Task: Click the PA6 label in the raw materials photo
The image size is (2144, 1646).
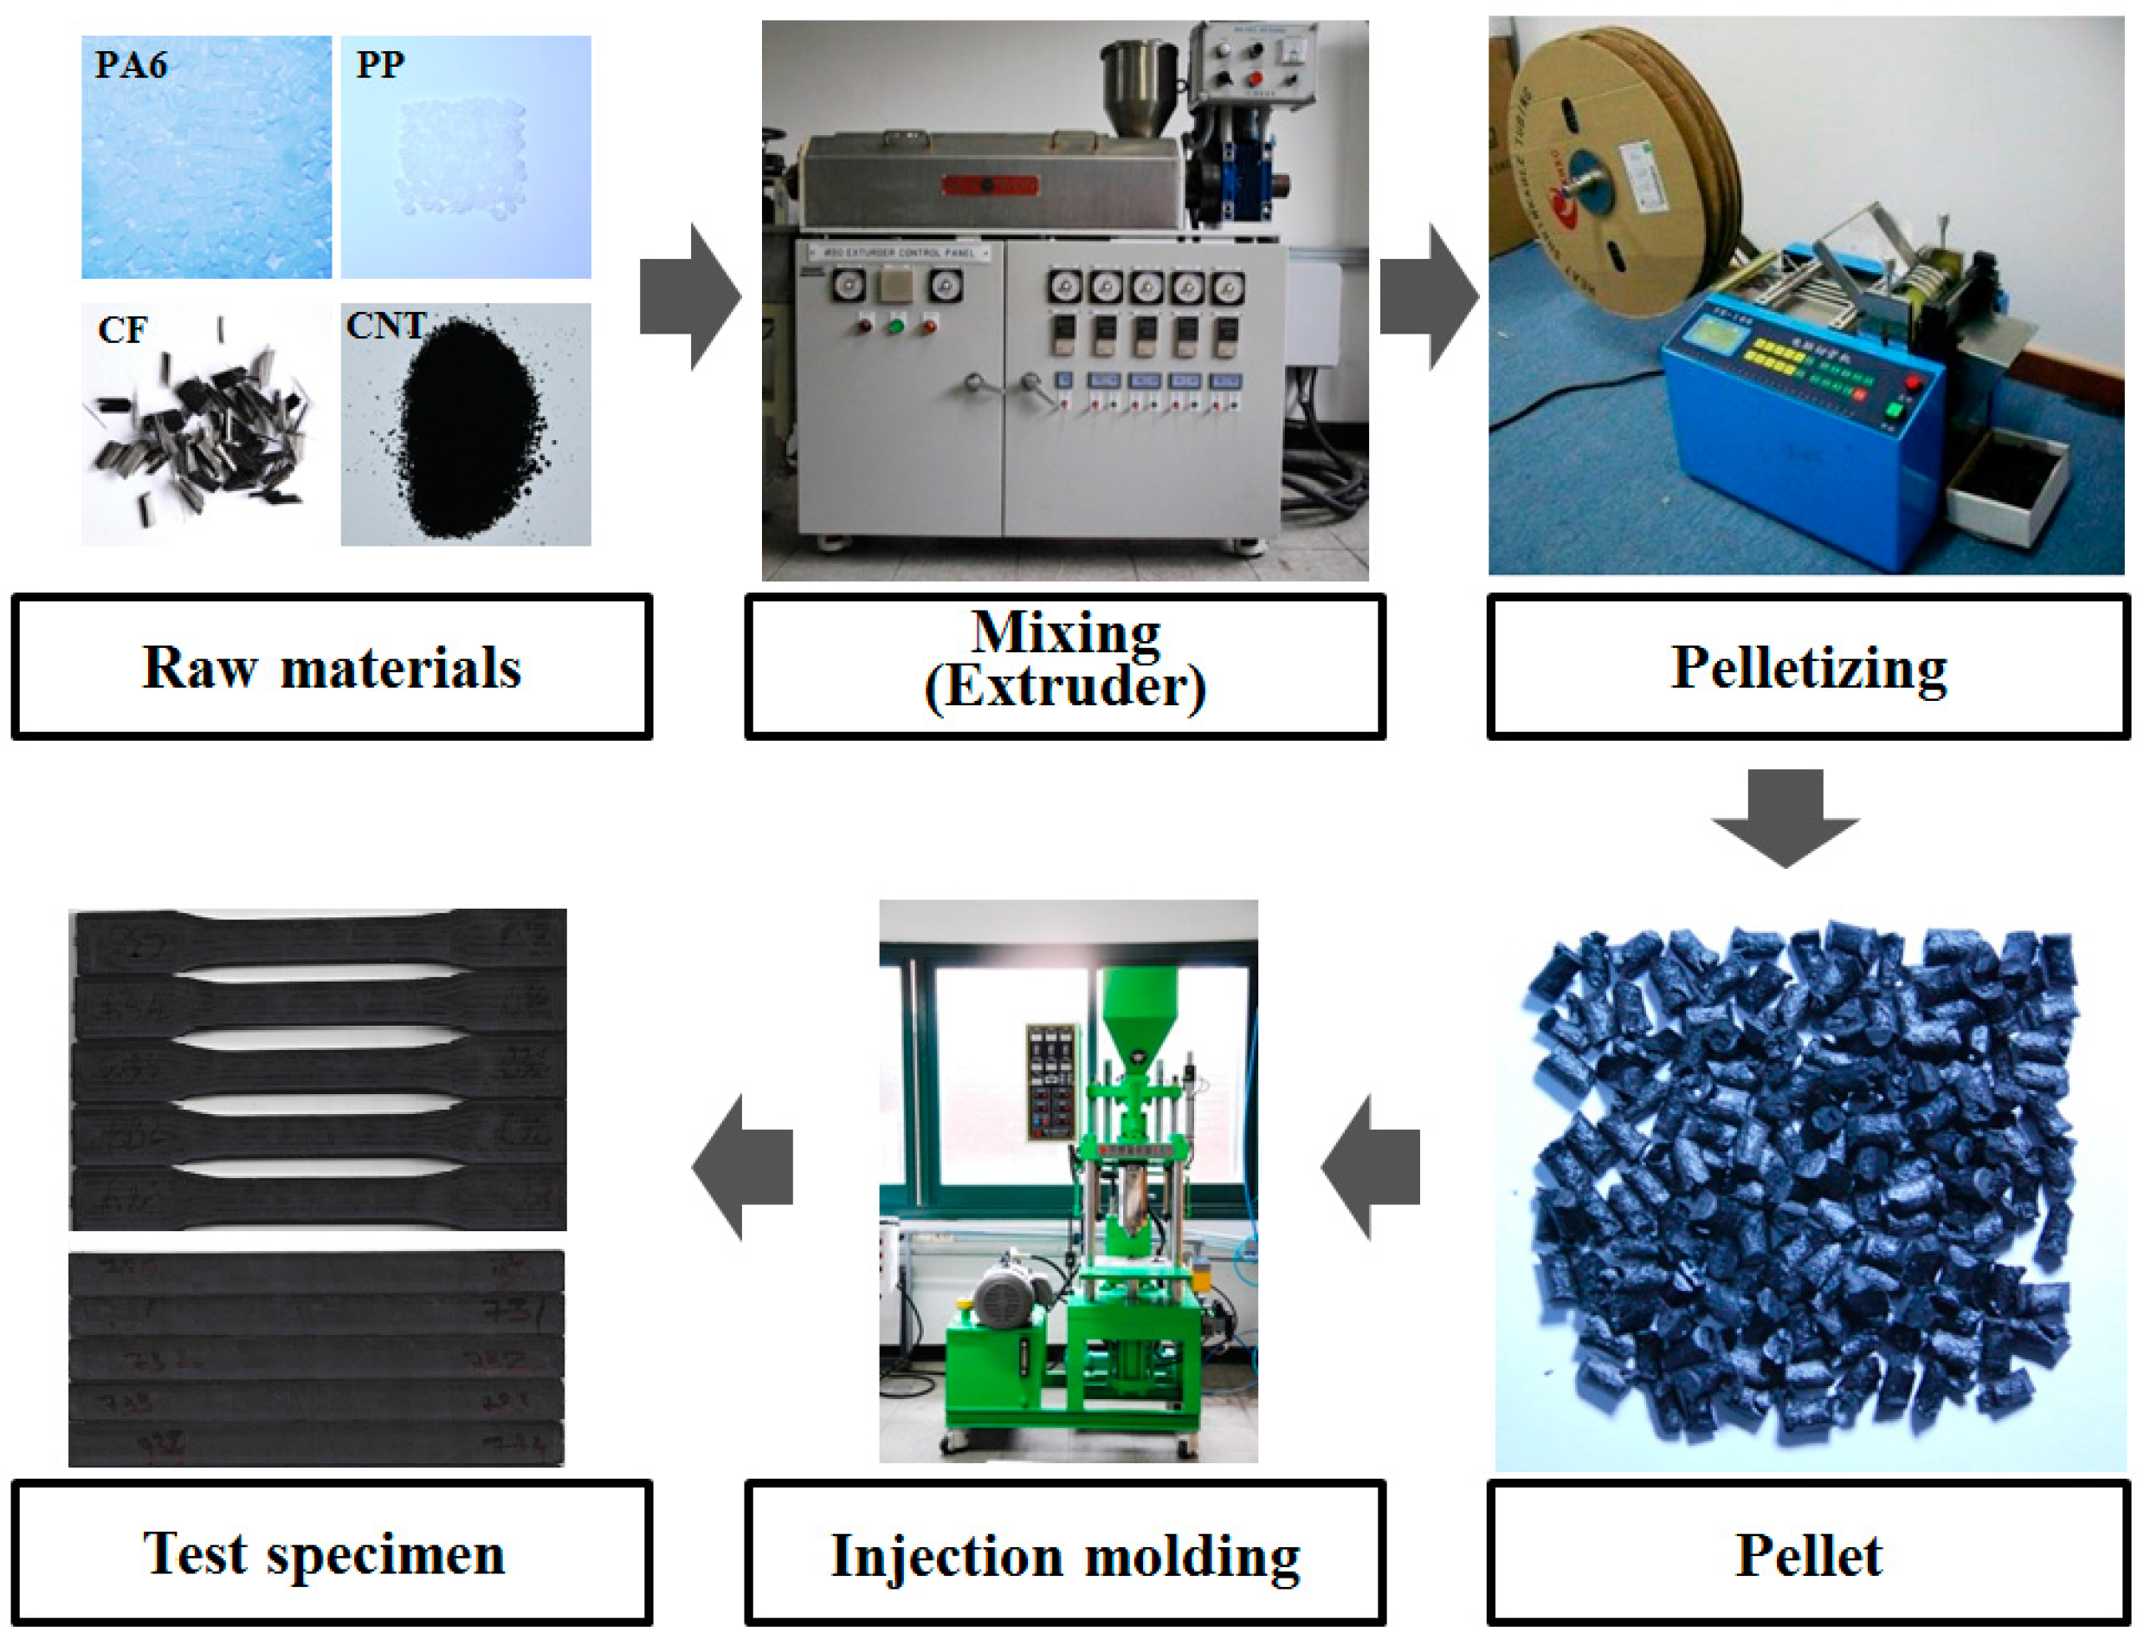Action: (130, 65)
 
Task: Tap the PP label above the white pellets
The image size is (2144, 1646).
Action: (380, 65)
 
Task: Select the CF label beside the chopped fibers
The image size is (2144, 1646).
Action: (122, 330)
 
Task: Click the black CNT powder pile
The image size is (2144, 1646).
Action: (468, 431)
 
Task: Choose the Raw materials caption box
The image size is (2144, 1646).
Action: (331, 667)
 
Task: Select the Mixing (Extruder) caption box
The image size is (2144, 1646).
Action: (1065, 667)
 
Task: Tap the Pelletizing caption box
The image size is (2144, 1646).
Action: (1808, 667)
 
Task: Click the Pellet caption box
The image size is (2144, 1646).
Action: (1808, 1555)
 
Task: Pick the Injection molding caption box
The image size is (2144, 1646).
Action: (1065, 1555)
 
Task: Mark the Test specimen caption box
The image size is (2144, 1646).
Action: (331, 1555)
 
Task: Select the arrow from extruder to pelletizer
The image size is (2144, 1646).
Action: (1429, 297)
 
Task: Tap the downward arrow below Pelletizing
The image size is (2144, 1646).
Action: (1785, 818)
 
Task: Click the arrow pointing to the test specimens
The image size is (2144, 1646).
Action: (741, 1166)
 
